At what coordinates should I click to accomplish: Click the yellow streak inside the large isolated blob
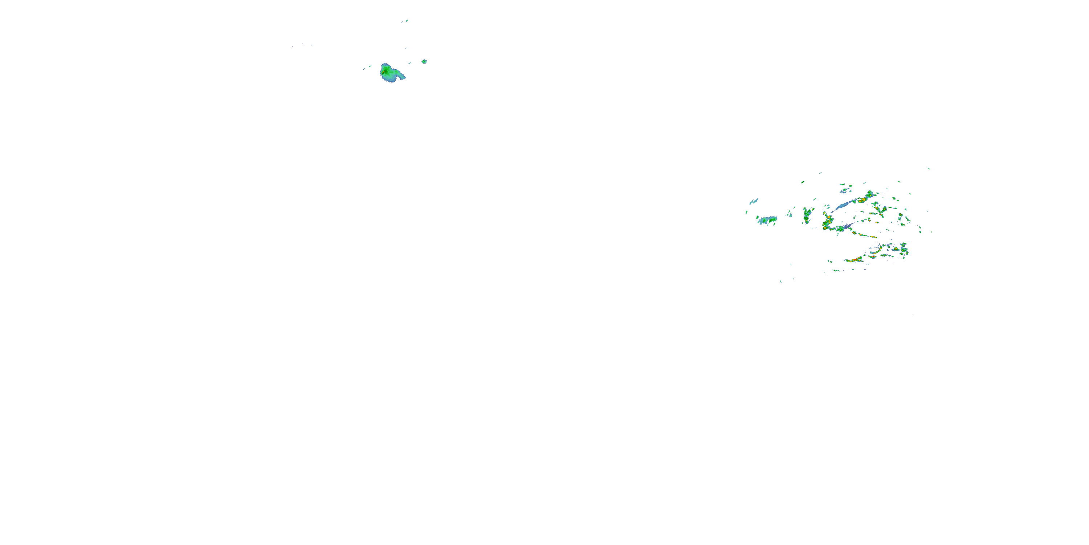[x=383, y=72]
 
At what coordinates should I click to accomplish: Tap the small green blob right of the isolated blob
[x=424, y=61]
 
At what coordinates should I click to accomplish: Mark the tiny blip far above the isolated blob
[x=407, y=20]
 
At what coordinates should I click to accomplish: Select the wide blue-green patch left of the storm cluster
[x=766, y=220]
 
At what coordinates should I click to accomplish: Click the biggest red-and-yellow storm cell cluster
[x=827, y=222]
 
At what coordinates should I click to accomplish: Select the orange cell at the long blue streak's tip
[x=861, y=200]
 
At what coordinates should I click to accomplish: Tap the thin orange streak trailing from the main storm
[x=866, y=236]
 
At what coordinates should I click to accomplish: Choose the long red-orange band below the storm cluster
[x=854, y=260]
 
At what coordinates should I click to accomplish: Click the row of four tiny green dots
[x=837, y=270]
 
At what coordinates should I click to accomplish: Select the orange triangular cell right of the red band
[x=873, y=256]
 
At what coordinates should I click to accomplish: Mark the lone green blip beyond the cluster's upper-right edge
[x=929, y=169]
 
